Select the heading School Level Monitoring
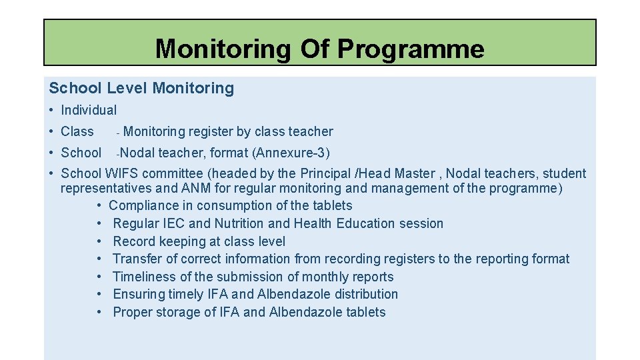141,88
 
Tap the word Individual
89,110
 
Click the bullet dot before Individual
51,110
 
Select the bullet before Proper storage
99,312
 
